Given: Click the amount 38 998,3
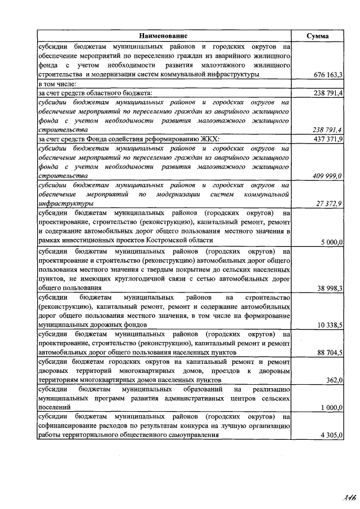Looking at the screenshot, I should pos(330,288).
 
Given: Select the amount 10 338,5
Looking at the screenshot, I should pos(330,325).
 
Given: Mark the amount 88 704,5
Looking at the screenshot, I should pos(330,353).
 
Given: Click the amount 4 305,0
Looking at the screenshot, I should pos(332,435).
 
